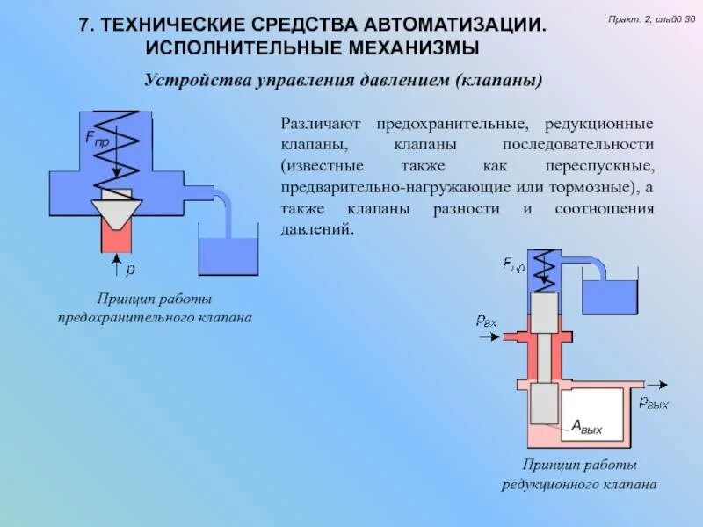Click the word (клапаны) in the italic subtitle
coord(498,81)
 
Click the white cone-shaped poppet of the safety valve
coord(116,211)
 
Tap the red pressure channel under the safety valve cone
coord(115,236)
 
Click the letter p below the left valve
coord(130,264)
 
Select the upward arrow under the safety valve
coord(115,263)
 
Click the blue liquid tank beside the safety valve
coord(228,254)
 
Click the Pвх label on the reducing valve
coord(486,321)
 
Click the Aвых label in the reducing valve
coord(587,426)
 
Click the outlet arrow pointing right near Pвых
coord(654,385)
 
